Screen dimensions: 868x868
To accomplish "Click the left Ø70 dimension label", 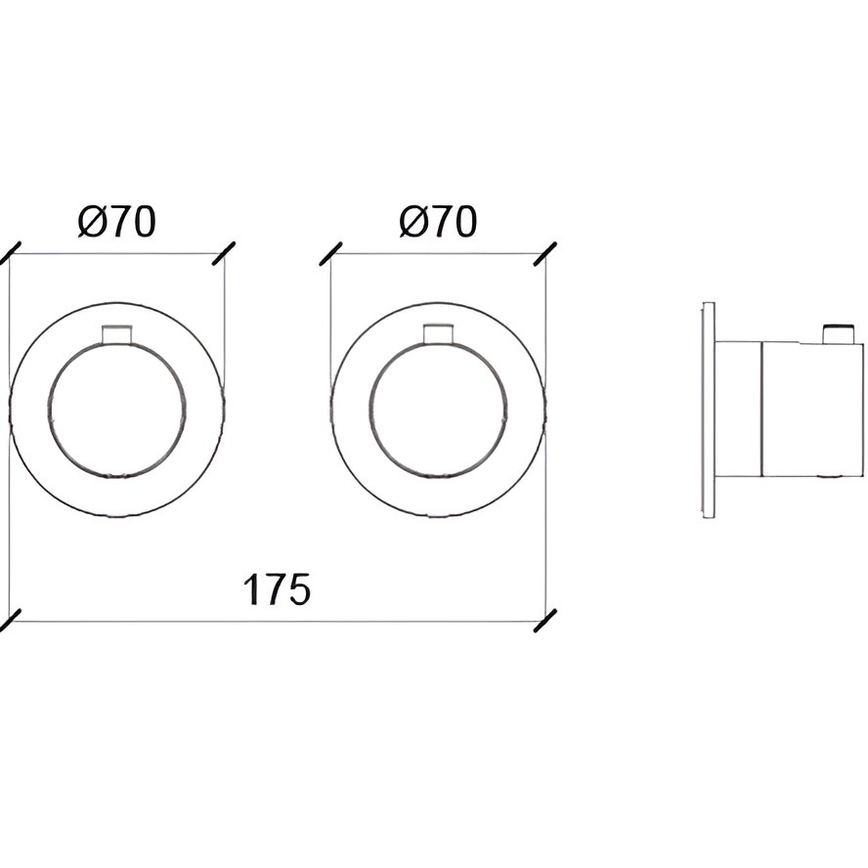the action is [x=116, y=222].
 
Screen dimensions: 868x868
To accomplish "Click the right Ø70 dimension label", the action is [x=438, y=222].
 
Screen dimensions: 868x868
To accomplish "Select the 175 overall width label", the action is [x=277, y=589].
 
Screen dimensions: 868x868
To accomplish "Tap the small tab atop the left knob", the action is [x=116, y=334].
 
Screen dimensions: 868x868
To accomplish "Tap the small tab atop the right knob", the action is [x=439, y=334].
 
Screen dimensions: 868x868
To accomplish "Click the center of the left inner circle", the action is [x=116, y=411].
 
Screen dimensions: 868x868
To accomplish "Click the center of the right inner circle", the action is [x=439, y=411].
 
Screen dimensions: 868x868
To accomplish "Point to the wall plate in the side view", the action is [x=709, y=411].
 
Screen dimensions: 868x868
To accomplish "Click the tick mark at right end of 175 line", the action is [x=544, y=621].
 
